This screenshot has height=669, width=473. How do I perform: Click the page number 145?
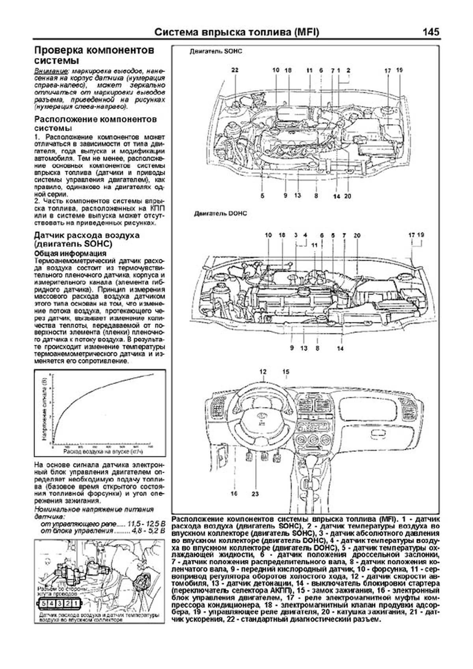(x=430, y=32)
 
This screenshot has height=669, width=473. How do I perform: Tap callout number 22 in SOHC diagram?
(x=235, y=70)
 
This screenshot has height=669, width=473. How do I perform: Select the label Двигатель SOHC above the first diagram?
(x=216, y=52)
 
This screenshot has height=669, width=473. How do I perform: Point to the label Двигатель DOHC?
(x=220, y=214)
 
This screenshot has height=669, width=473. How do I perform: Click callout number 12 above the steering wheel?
(x=263, y=372)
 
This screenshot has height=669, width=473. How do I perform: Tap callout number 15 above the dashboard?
(x=286, y=372)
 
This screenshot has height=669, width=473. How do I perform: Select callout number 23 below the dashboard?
(x=255, y=493)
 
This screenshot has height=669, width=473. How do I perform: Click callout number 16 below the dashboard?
(x=234, y=493)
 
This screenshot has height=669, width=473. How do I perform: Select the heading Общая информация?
(x=70, y=253)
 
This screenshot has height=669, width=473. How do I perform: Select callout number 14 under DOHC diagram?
(x=341, y=348)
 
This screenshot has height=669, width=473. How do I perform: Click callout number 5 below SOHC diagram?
(x=262, y=196)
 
